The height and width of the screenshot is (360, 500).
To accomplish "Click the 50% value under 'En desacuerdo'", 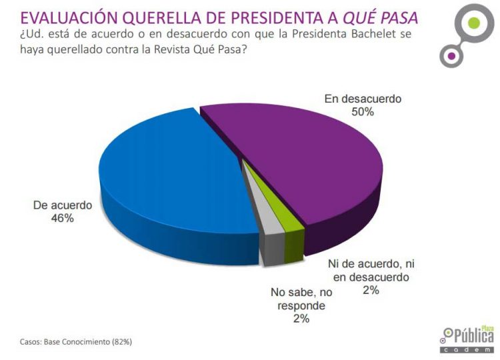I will [363, 112].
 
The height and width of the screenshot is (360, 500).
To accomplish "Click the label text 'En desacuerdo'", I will [363, 99].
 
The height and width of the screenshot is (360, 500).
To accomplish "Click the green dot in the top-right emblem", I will [474, 24].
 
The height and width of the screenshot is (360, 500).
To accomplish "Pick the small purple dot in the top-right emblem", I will [451, 56].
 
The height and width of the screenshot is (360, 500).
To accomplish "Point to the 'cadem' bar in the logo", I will [466, 349].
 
